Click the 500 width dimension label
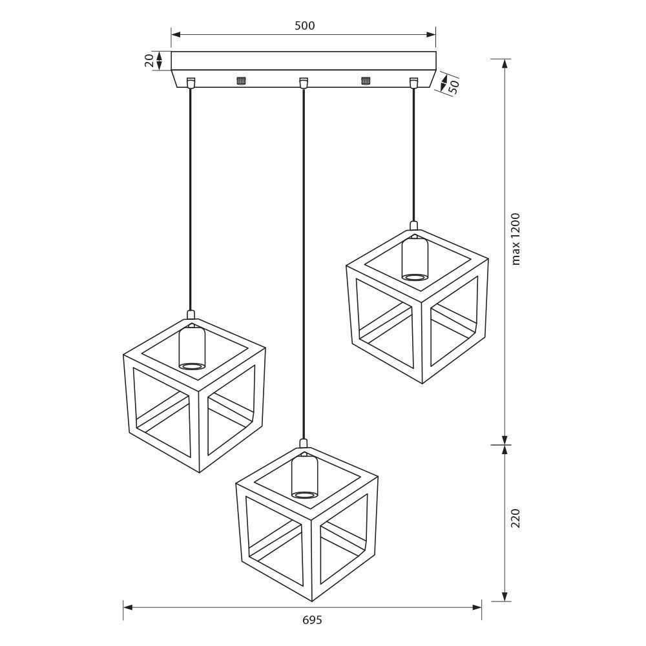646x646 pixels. (304, 26)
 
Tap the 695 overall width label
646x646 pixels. (312, 620)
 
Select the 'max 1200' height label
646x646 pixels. (516, 239)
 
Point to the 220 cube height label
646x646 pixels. (516, 518)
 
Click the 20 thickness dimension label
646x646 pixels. (150, 61)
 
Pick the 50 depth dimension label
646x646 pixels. (453, 87)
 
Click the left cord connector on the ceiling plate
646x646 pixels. (191, 83)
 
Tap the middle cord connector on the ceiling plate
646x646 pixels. (304, 83)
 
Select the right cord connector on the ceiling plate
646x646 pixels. (413, 83)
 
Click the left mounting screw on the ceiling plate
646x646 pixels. (241, 81)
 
